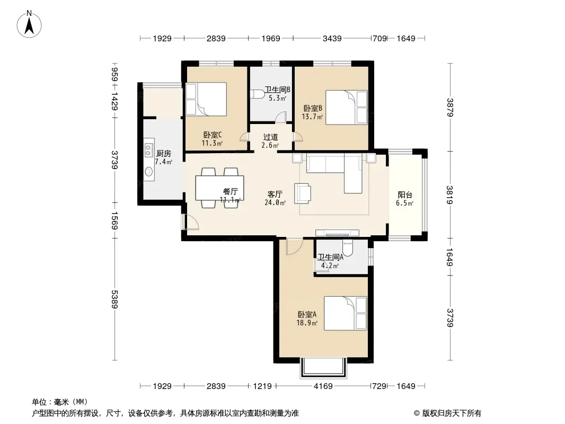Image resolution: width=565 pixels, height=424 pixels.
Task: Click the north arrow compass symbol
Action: (29, 24)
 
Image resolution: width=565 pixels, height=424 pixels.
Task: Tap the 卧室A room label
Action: (307, 314)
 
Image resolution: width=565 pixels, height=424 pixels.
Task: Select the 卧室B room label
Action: (312, 108)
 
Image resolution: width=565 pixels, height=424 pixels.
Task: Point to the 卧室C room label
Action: (212, 135)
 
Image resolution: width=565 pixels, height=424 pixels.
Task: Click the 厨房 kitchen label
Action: (164, 154)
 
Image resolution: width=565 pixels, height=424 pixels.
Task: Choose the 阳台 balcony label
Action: (404, 195)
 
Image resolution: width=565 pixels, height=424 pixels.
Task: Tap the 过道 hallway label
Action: (270, 137)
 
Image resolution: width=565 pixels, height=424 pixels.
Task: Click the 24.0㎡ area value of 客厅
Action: (275, 203)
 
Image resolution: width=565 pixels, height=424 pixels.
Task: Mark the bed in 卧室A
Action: (345, 313)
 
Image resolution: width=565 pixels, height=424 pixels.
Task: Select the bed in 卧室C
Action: (206, 99)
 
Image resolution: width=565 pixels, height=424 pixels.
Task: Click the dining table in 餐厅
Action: (219, 188)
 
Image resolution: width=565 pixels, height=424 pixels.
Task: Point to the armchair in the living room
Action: (303, 193)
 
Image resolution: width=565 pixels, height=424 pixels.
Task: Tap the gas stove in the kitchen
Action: (149, 150)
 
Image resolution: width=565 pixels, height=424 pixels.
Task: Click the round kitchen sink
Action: (148, 172)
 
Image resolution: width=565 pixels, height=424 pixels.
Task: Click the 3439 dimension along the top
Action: (332, 38)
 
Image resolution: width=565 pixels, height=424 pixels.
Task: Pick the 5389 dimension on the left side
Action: (114, 299)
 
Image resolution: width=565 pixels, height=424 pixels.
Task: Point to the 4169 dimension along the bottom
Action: (323, 386)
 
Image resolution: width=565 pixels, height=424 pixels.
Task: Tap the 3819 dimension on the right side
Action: (449, 195)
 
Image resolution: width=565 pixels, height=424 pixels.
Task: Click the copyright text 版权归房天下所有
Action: (452, 413)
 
